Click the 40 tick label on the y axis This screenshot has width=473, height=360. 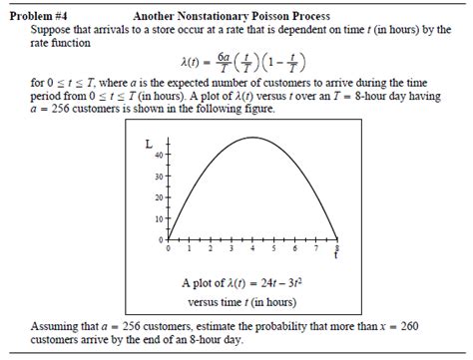tap(158, 156)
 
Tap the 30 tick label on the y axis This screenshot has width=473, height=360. tap(158, 178)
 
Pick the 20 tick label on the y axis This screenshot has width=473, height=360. tap(158, 198)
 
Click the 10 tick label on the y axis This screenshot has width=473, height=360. tap(158, 220)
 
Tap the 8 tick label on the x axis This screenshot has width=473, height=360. tap(337, 246)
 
